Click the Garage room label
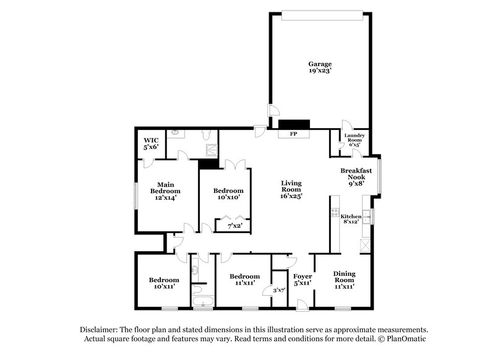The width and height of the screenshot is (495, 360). [320, 67]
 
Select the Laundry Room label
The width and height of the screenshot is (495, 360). [355, 140]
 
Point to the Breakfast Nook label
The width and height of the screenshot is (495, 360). [356, 176]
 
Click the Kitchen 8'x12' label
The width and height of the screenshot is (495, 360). [351, 219]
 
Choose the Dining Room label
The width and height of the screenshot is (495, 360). [344, 279]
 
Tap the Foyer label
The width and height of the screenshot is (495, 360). [302, 279]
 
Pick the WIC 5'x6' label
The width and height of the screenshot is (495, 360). [152, 144]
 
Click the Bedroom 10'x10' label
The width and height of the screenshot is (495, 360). [228, 194]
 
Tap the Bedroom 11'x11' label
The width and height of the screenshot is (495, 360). [244, 279]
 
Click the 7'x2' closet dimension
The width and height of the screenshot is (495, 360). [235, 226]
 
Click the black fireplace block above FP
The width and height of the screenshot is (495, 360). [293, 124]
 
